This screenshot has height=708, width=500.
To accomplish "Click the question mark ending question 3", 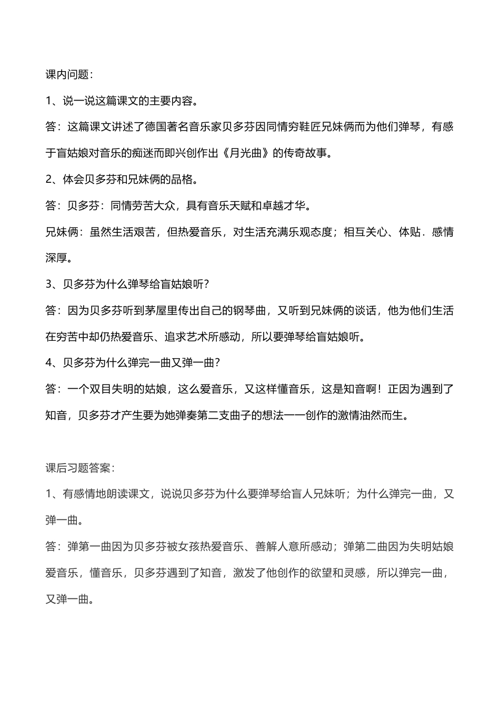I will [x=206, y=284].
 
